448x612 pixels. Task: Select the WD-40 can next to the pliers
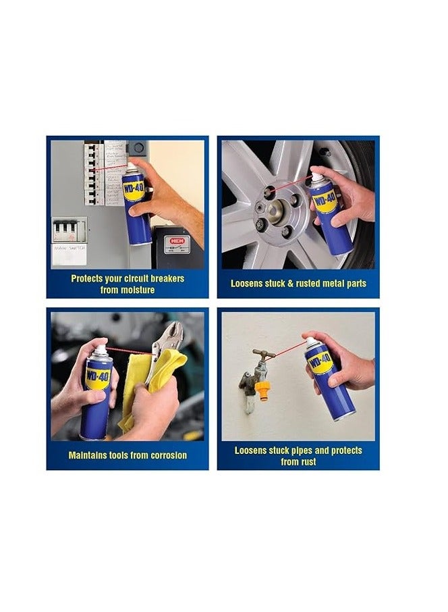click(97, 392)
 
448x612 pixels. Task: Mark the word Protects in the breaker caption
click(91, 278)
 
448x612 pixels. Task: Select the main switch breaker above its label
click(70, 230)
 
